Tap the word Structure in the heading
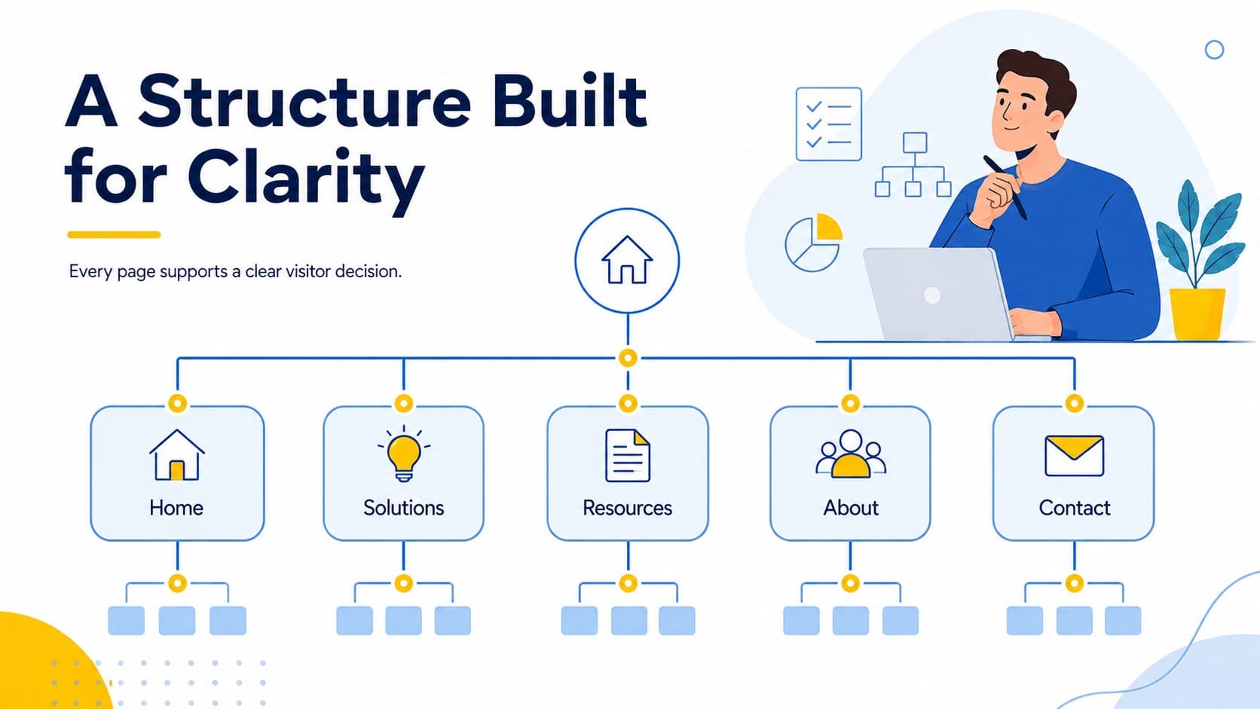304,101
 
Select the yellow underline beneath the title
115,234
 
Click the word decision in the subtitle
369,271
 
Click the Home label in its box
176,509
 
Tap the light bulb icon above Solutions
404,454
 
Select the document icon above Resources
628,455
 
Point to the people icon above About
851,454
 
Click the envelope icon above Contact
1075,455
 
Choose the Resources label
628,509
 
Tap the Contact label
1075,509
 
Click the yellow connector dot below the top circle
628,358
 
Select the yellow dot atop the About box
851,403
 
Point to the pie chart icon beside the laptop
814,243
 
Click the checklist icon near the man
828,124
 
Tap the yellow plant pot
1197,314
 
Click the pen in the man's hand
1005,187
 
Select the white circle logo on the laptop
932,295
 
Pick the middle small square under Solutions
403,621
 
